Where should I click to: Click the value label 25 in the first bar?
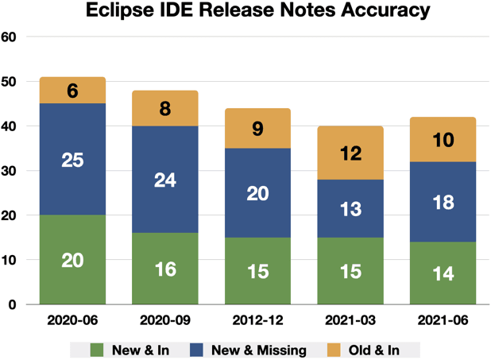72,160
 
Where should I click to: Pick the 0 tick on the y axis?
14,304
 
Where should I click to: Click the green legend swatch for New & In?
98,349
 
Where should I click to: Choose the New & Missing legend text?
266,349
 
